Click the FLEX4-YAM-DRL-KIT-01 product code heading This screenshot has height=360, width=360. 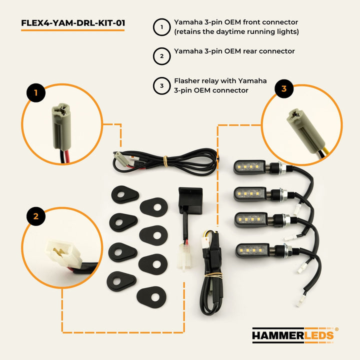click(x=73, y=23)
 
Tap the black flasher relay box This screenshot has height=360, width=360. click(x=190, y=200)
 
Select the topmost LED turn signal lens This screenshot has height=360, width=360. click(x=249, y=167)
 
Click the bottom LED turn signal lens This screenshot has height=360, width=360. click(x=252, y=250)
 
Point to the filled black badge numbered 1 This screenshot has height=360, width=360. click(x=36, y=93)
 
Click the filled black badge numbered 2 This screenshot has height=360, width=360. click(x=36, y=216)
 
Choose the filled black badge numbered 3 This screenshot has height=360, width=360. click(x=284, y=88)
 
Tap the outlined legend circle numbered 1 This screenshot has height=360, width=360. click(x=161, y=27)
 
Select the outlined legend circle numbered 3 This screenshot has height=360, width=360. click(x=161, y=86)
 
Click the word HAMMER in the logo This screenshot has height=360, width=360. click(x=278, y=335)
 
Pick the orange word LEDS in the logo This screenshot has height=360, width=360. click(x=319, y=335)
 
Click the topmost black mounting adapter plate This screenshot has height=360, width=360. click(x=125, y=194)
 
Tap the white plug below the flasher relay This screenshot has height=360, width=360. click(x=184, y=256)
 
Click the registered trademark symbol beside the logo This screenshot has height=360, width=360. click(x=336, y=329)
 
